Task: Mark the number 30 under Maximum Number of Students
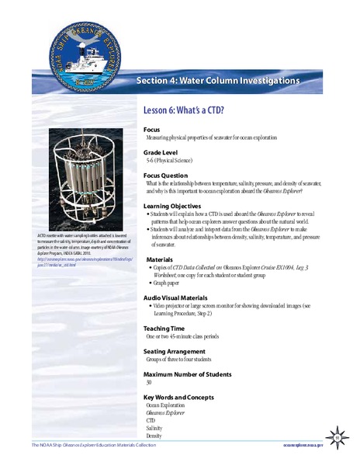coord(149,383)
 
